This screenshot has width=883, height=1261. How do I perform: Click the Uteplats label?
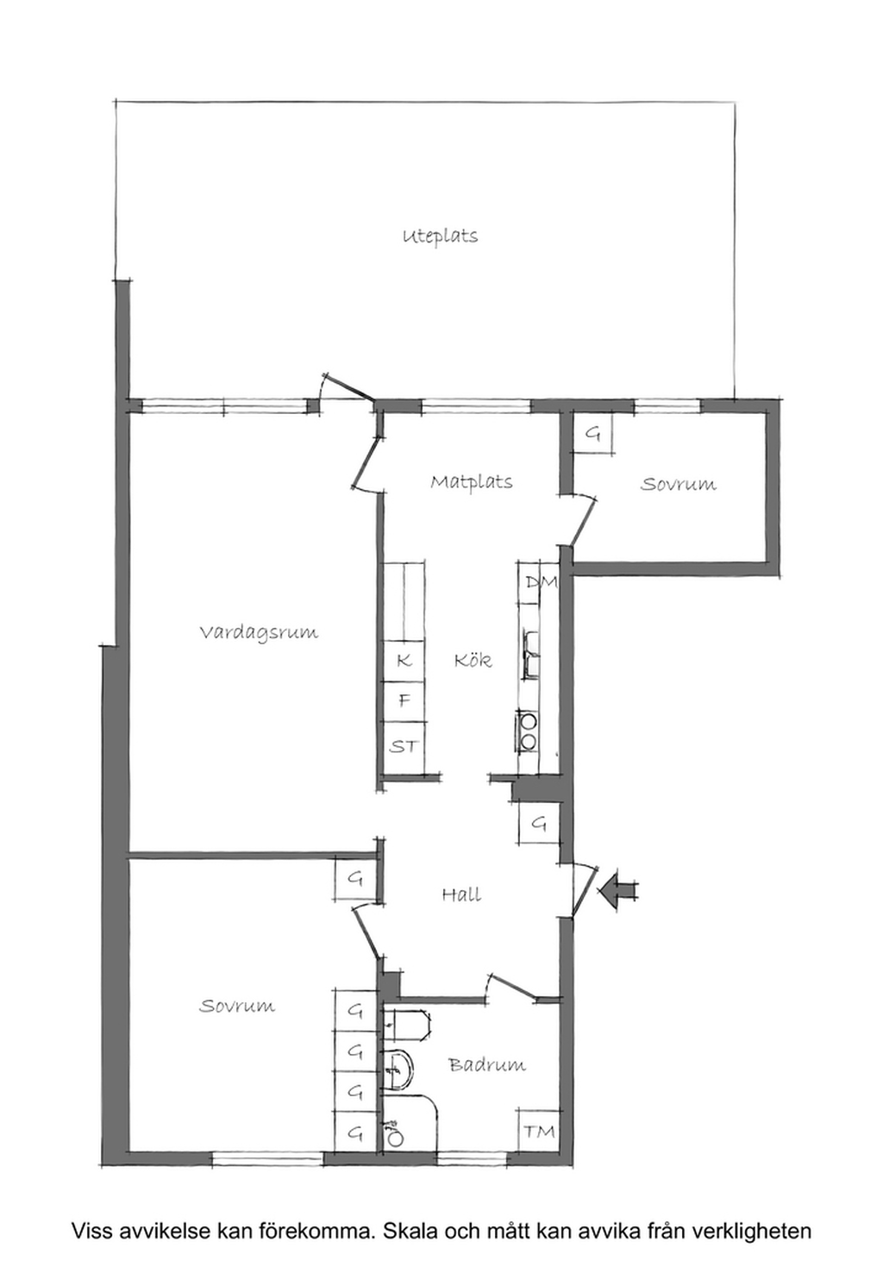pyautogui.click(x=440, y=235)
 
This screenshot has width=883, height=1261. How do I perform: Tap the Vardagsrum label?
pyautogui.click(x=259, y=631)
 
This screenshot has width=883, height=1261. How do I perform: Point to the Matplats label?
pyautogui.click(x=472, y=482)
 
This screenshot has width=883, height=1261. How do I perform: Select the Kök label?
pyautogui.click(x=473, y=659)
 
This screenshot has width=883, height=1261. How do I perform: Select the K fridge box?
pyautogui.click(x=404, y=661)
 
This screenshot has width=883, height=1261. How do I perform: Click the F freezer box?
pyautogui.click(x=404, y=701)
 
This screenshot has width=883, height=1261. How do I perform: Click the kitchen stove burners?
pyautogui.click(x=528, y=731)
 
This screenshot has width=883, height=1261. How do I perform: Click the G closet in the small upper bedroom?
pyautogui.click(x=592, y=434)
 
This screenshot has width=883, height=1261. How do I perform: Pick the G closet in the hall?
pyautogui.click(x=539, y=824)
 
